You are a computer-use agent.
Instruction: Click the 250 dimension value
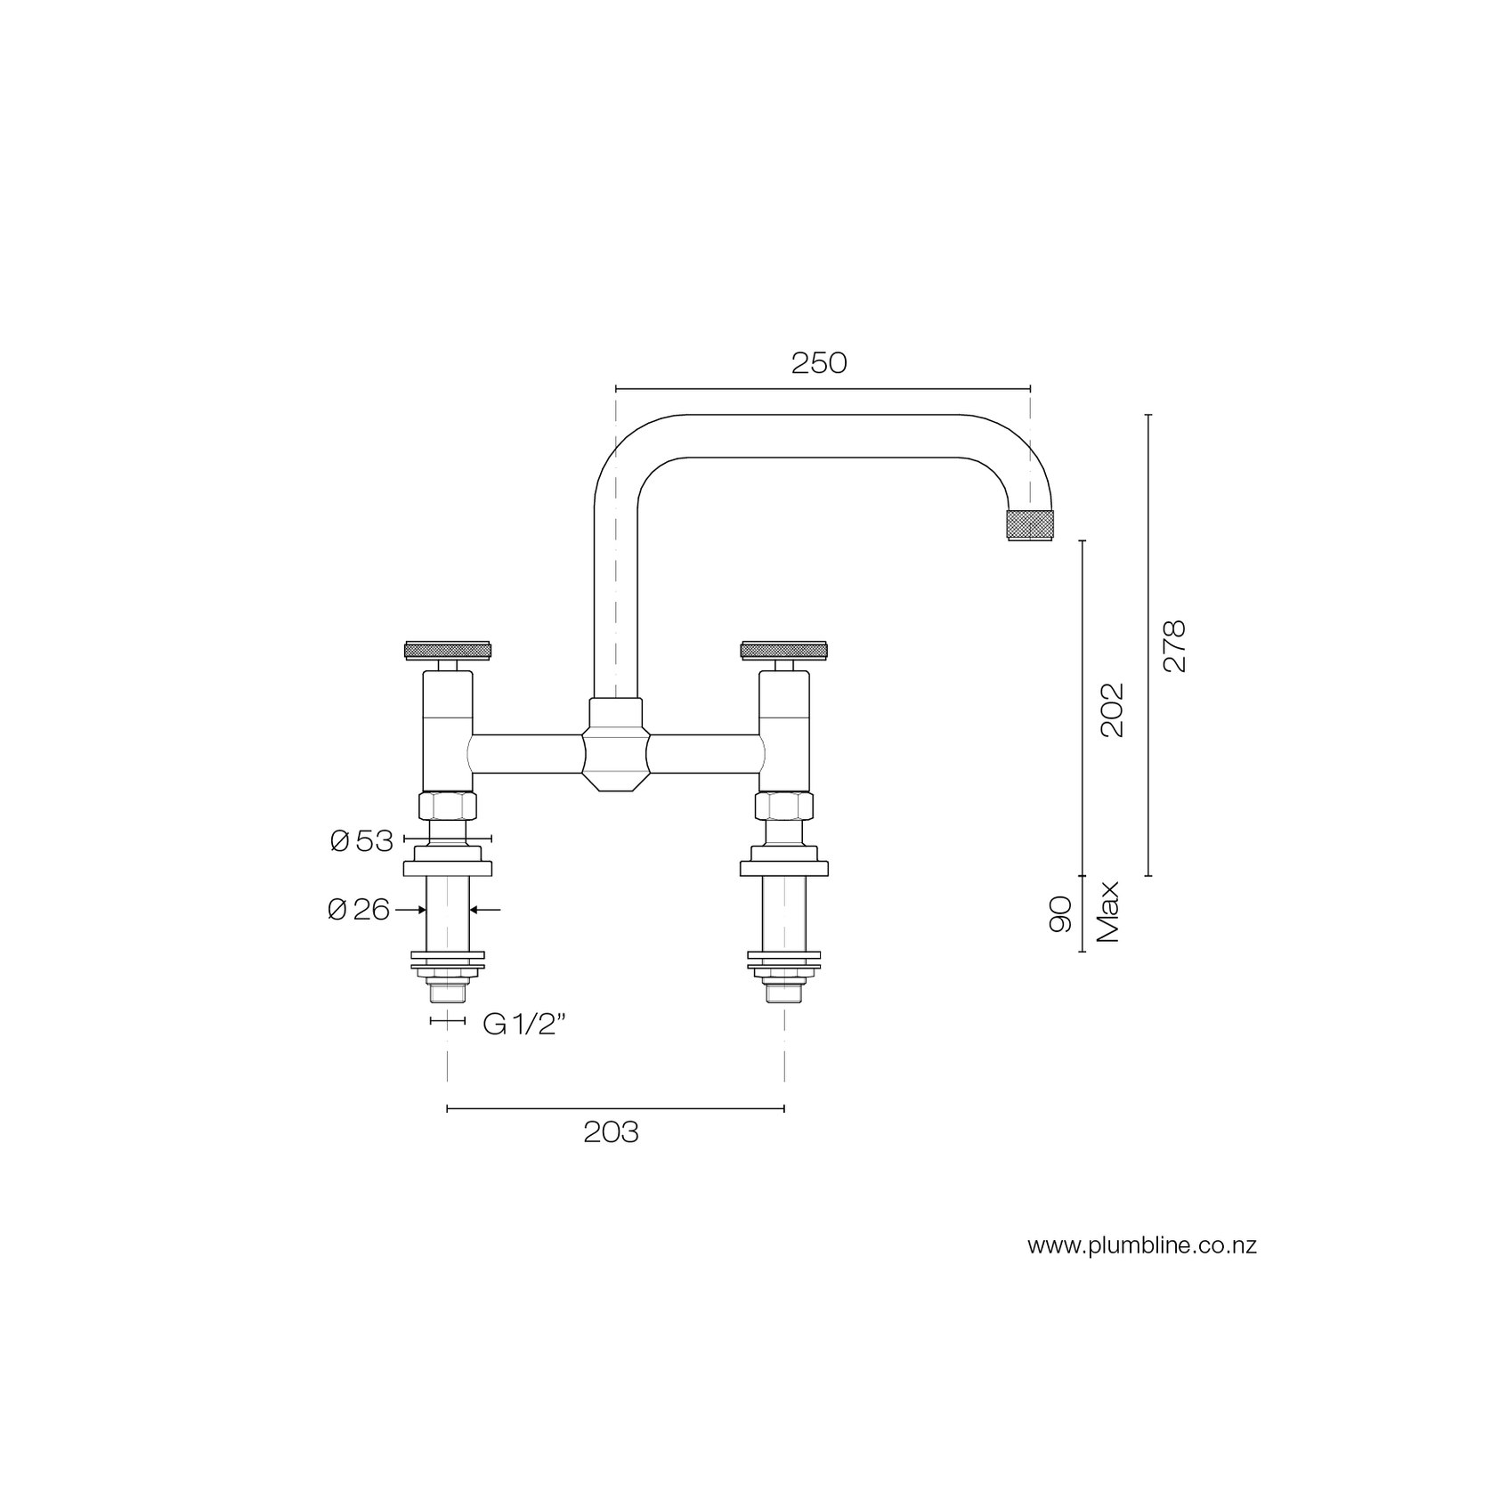pyautogui.click(x=819, y=363)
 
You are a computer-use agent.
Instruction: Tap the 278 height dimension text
pyautogui.click(x=1174, y=646)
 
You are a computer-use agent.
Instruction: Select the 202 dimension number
pyautogui.click(x=1112, y=710)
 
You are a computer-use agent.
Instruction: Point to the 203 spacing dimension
pyautogui.click(x=612, y=1133)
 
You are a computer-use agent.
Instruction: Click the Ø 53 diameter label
pyautogui.click(x=361, y=841)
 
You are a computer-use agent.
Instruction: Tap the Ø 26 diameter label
pyautogui.click(x=359, y=910)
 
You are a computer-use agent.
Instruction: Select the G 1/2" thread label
pyautogui.click(x=525, y=1025)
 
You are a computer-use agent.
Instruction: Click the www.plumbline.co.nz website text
pyautogui.click(x=1142, y=1245)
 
